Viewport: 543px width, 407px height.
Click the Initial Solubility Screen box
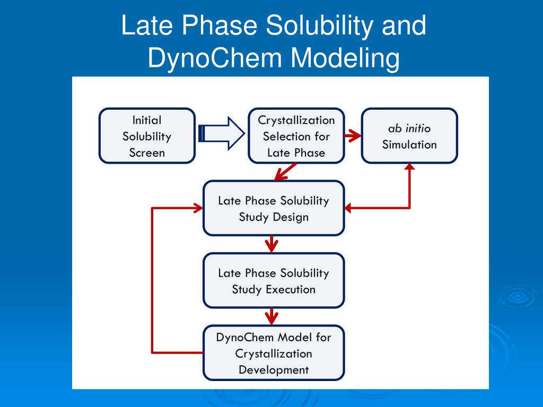tap(147, 136)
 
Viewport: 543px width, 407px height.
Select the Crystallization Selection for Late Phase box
tap(296, 136)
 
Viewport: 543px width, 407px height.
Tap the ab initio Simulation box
tap(409, 136)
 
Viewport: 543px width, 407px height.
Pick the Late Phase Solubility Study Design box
tap(274, 208)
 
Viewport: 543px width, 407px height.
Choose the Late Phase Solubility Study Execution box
tap(274, 280)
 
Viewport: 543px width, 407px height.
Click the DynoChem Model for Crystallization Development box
tap(274, 352)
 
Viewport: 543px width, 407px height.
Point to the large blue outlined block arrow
tap(222, 134)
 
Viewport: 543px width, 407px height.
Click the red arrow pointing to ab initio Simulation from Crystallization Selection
tap(353, 135)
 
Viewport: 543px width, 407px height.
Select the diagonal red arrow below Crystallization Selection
tap(285, 172)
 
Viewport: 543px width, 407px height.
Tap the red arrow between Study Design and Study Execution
tap(271, 244)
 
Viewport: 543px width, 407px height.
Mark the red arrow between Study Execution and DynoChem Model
tap(271, 316)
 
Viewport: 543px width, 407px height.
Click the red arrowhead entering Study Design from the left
tap(198, 208)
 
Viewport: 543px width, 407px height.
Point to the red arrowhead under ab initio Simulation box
tap(410, 166)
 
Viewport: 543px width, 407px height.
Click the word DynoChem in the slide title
tap(214, 57)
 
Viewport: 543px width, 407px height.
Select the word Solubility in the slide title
tap(319, 25)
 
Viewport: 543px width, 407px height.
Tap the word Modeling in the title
tap(345, 58)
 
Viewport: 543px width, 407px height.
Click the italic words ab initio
tap(409, 128)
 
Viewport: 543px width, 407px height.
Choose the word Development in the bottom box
tap(274, 370)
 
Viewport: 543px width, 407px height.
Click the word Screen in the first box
tap(147, 153)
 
